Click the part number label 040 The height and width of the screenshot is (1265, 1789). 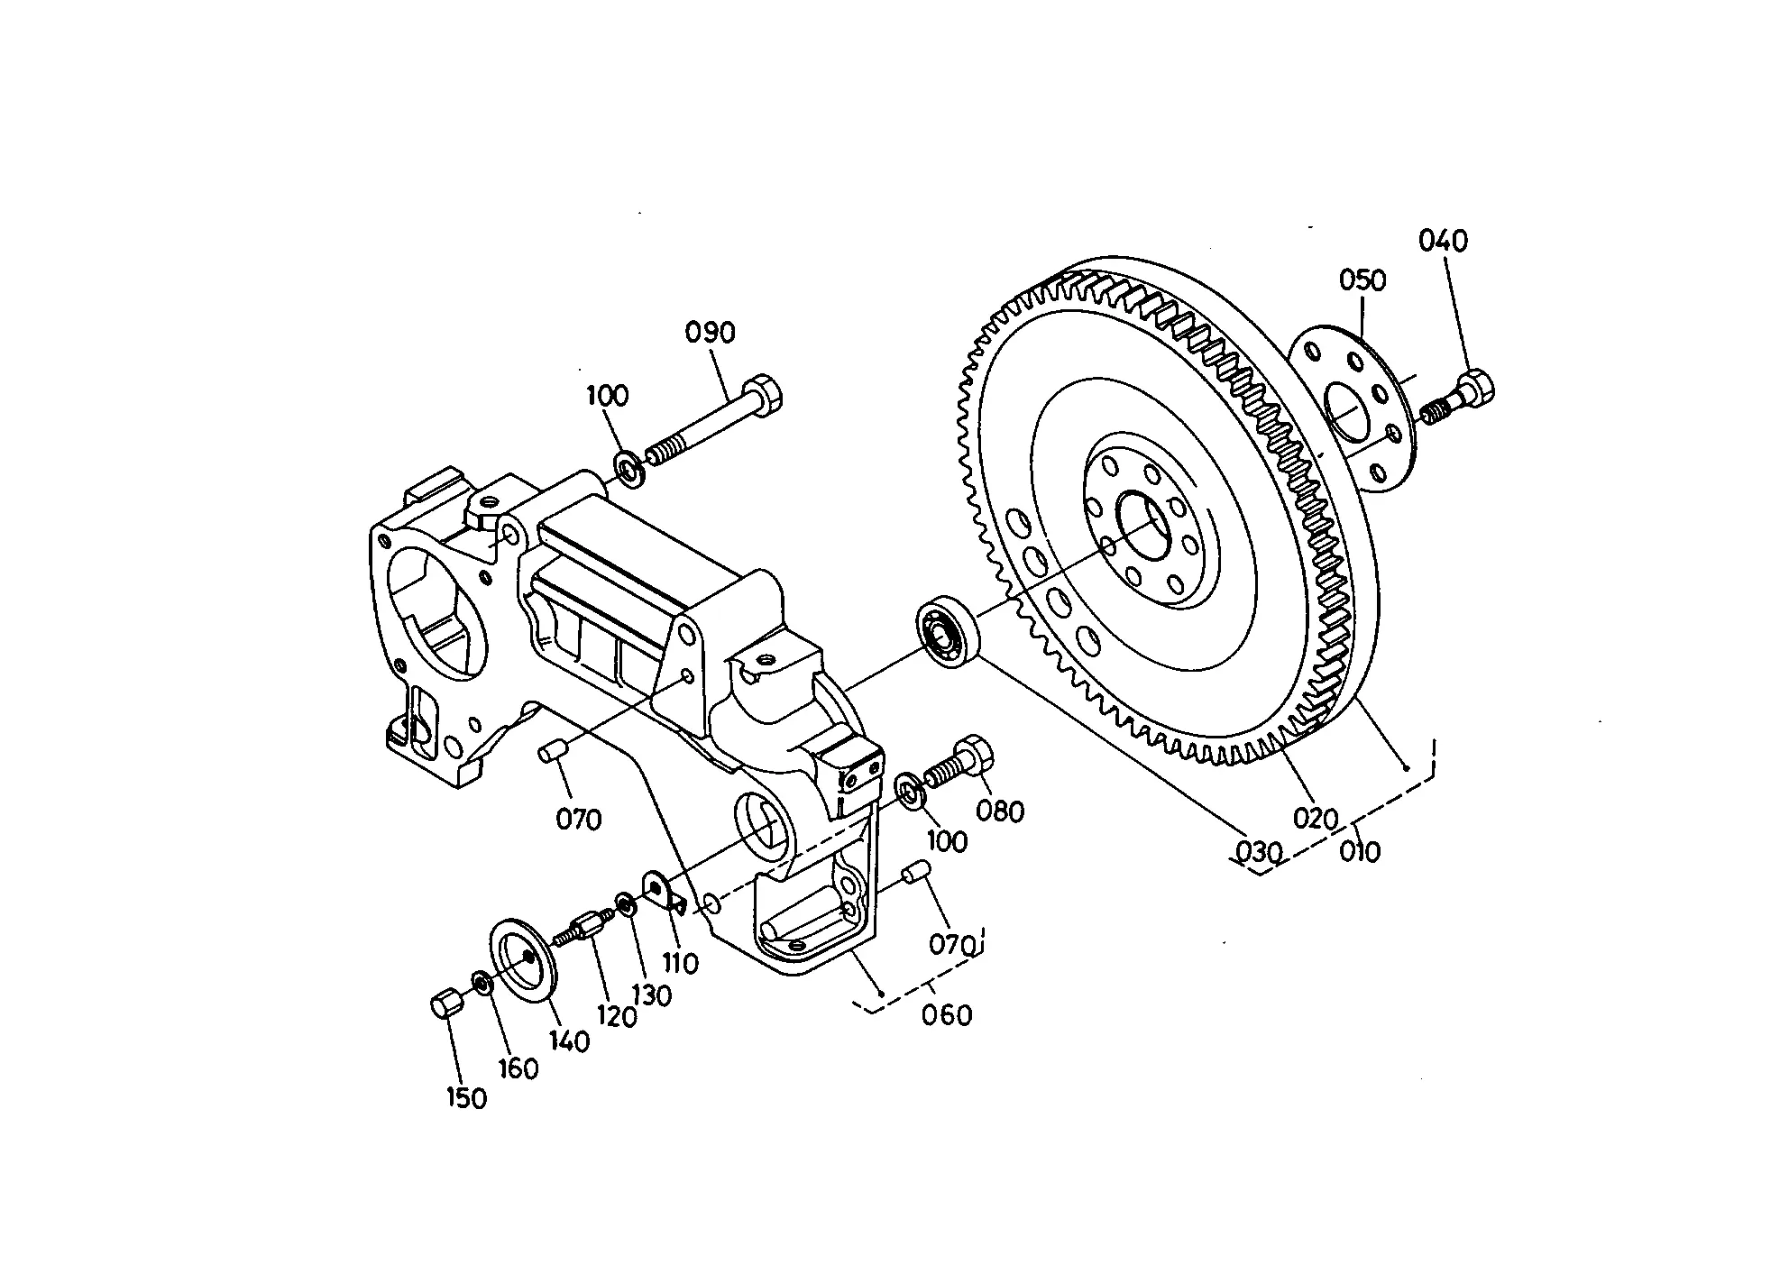(1443, 241)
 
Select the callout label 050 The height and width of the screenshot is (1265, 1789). (1362, 280)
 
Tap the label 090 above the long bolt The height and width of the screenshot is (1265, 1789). (711, 333)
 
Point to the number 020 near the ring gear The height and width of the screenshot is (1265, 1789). (1316, 819)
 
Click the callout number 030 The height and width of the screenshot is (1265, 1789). (1258, 851)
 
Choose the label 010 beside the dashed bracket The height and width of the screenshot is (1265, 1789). (1360, 851)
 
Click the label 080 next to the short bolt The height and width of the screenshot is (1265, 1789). (1001, 811)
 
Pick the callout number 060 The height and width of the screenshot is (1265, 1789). (947, 1015)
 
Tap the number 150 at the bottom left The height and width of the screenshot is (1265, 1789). (465, 1098)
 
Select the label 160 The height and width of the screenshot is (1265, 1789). (518, 1068)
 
